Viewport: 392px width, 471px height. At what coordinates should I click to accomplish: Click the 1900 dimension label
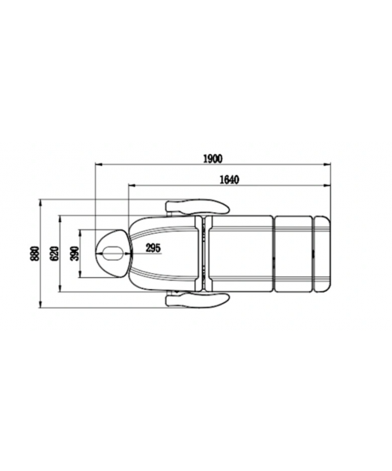pyautogui.click(x=213, y=159)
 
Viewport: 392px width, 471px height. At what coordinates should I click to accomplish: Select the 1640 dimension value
pyautogui.click(x=230, y=179)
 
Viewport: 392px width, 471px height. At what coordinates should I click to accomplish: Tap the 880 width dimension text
pyautogui.click(x=34, y=254)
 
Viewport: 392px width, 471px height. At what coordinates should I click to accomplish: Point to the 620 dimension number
pyautogui.click(x=54, y=254)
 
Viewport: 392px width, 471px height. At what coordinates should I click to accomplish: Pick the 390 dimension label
pyautogui.click(x=74, y=254)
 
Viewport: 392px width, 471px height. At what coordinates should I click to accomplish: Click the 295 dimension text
pyautogui.click(x=153, y=248)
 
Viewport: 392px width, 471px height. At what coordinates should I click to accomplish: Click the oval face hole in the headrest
pyautogui.click(x=112, y=254)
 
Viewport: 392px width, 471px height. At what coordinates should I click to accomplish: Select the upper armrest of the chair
pyautogui.click(x=198, y=206)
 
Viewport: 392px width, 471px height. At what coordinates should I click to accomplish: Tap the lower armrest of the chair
pyautogui.click(x=198, y=300)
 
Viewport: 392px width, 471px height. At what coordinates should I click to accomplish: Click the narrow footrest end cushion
pyautogui.click(x=321, y=254)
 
